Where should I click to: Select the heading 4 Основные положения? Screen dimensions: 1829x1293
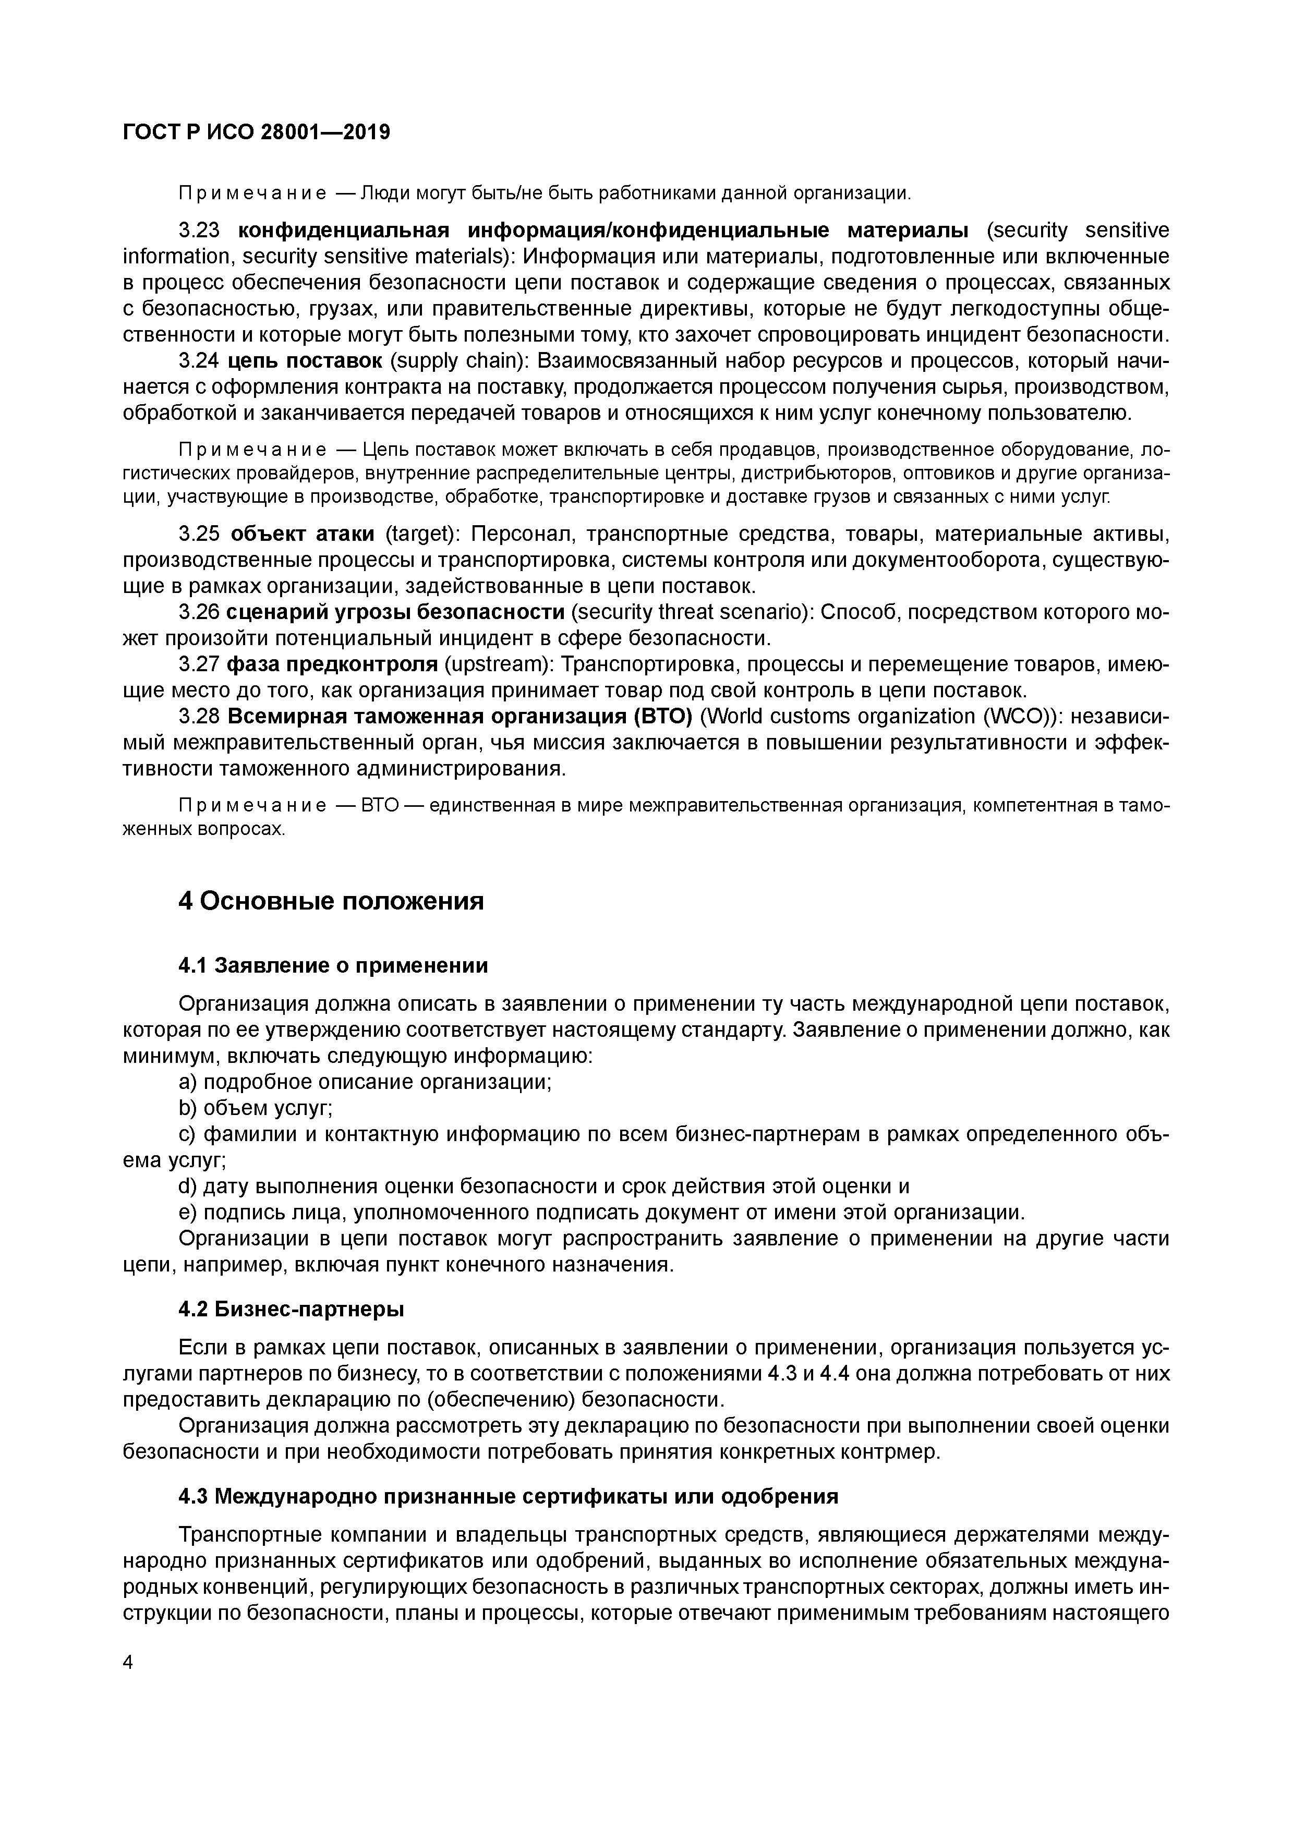331,901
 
